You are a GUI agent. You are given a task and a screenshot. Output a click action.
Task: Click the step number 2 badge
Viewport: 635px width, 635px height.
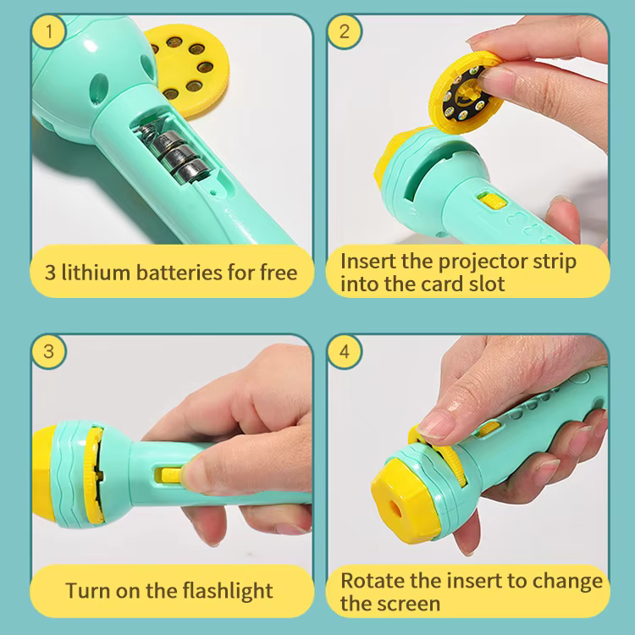(x=345, y=32)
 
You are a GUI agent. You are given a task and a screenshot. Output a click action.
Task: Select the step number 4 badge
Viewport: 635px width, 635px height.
(x=345, y=351)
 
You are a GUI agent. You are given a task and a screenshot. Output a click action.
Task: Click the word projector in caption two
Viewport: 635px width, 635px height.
(x=473, y=260)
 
